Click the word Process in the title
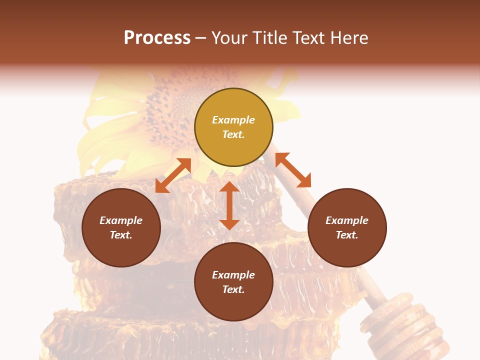tap(157, 38)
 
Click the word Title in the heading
tap(271, 38)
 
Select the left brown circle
tap(121, 250)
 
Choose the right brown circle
tap(347, 250)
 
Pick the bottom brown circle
tap(233, 305)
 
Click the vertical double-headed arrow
tap(229, 205)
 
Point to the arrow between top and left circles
tap(173, 175)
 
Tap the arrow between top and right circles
tap(293, 170)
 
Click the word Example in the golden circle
tap(233, 120)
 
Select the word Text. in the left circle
tap(121, 235)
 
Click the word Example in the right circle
tap(347, 220)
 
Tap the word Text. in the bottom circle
tap(233, 289)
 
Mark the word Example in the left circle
tap(121, 220)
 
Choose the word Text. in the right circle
tap(347, 235)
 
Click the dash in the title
tap(201, 38)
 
